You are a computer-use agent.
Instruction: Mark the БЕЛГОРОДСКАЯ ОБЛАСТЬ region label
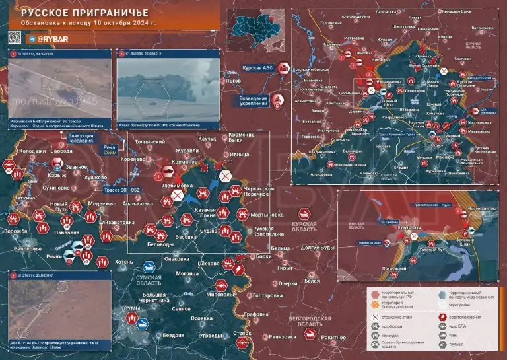click(x=310, y=321)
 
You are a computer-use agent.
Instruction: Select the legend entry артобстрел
click(x=396, y=326)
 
